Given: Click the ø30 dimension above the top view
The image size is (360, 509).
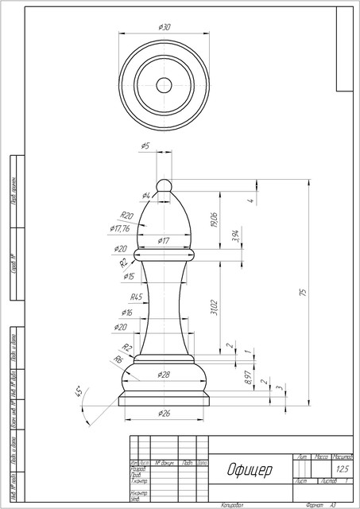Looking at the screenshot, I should click(x=165, y=27).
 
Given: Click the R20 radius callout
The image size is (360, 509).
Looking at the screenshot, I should click(x=126, y=216).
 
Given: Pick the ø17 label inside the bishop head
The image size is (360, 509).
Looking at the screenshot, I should click(x=163, y=240).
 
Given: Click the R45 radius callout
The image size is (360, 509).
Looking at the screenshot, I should click(x=136, y=297).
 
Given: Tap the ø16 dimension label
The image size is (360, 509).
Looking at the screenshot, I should click(x=126, y=312).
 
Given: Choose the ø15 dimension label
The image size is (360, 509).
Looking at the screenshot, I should click(x=129, y=276).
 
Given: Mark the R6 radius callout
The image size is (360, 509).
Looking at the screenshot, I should click(x=118, y=359).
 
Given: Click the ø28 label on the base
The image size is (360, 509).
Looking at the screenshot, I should click(x=164, y=374).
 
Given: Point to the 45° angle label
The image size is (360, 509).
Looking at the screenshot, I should click(x=79, y=392).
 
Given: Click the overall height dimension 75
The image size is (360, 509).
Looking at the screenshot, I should click(x=302, y=293).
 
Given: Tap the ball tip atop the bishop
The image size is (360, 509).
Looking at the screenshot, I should click(x=165, y=185).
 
